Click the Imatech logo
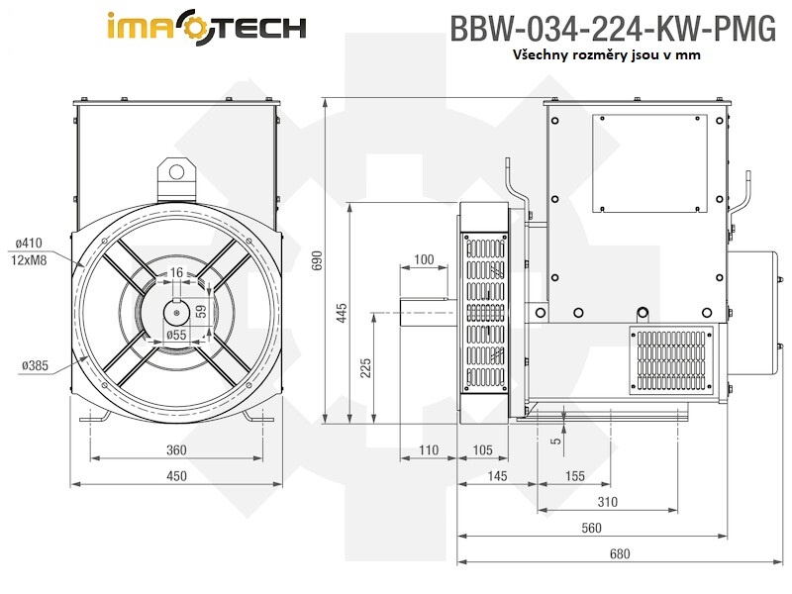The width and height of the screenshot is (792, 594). click(x=205, y=27)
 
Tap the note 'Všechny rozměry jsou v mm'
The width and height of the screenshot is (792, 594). click(x=607, y=55)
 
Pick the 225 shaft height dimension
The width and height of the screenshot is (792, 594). click(x=365, y=367)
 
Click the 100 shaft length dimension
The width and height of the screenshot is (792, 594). click(x=424, y=259)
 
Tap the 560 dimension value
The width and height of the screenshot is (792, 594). click(x=591, y=528)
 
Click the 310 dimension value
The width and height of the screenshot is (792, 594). click(x=608, y=502)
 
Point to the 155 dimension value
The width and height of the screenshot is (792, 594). click(x=575, y=476)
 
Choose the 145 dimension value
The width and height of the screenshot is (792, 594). click(x=497, y=476)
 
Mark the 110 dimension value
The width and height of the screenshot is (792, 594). click(x=428, y=450)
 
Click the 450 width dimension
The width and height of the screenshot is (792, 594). click(x=176, y=476)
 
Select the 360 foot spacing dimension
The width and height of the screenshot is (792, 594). click(x=176, y=450)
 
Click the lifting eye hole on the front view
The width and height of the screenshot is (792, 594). click(x=176, y=172)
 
